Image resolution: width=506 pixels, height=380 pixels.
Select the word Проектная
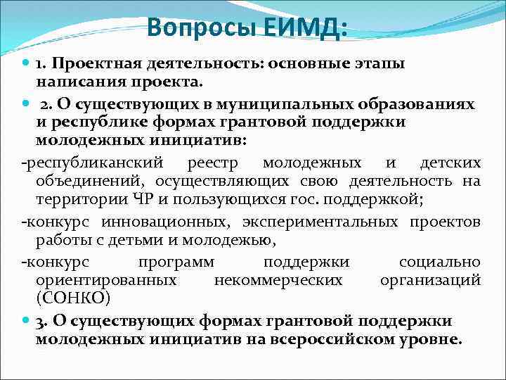click(99, 64)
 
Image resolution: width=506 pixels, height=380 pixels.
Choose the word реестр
click(213, 163)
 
